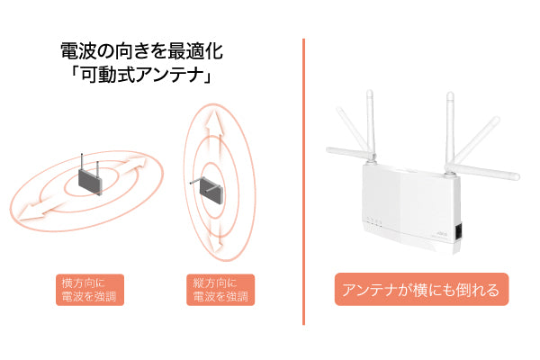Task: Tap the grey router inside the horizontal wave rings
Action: pos(88,182)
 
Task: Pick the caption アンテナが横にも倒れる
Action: pos(421,291)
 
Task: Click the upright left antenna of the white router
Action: pos(368,126)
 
